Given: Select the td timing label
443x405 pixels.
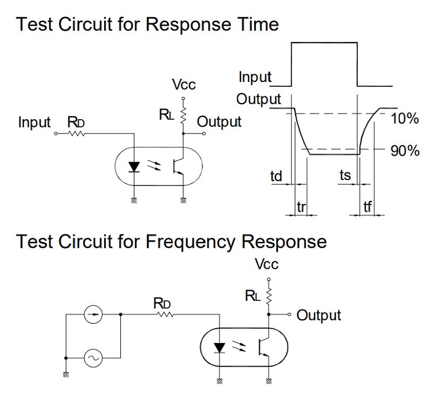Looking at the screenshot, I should [x=276, y=176].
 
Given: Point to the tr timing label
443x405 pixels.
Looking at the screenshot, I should [x=301, y=207].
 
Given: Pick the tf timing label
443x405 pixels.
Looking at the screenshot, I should [x=368, y=207].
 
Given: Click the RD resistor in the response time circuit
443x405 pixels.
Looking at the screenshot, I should [x=75, y=134].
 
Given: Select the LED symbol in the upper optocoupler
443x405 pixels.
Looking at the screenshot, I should [x=133, y=166].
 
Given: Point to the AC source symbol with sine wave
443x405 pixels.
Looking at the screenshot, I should [x=92, y=358].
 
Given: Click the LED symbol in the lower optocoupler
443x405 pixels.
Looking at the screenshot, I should [x=220, y=347].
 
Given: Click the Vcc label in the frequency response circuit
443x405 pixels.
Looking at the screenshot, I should [x=266, y=264].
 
